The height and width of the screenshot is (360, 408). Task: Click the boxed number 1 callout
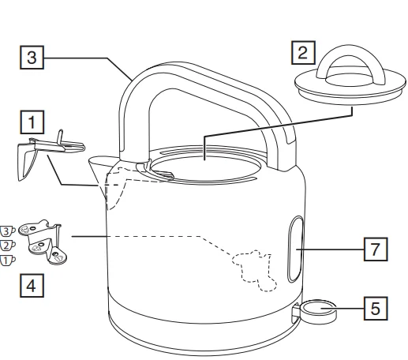point(32,123)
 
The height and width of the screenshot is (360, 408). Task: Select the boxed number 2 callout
point(301,55)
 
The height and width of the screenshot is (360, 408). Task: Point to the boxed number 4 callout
point(32,282)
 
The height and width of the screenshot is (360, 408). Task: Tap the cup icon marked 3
point(7,231)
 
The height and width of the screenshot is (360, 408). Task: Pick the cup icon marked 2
point(7,246)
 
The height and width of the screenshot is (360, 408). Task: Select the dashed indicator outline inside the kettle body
point(253,268)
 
